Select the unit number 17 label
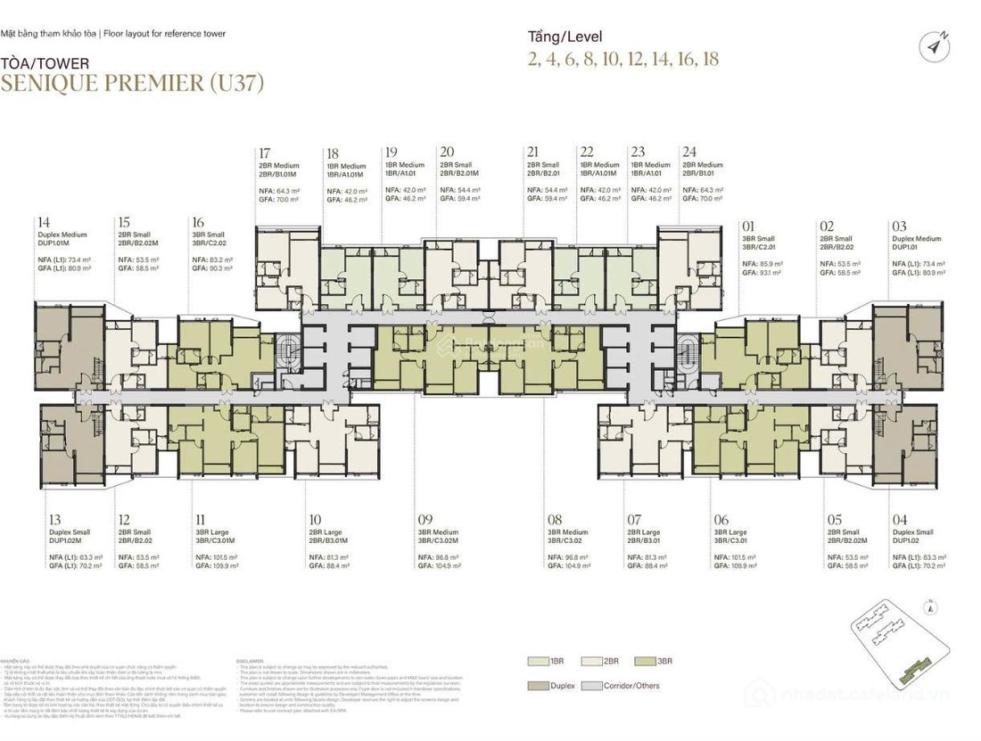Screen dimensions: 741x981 (x=264, y=152)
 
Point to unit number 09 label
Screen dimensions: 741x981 (x=425, y=518)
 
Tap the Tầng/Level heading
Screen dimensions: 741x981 (x=565, y=37)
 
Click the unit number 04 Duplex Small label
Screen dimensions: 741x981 (x=896, y=518)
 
